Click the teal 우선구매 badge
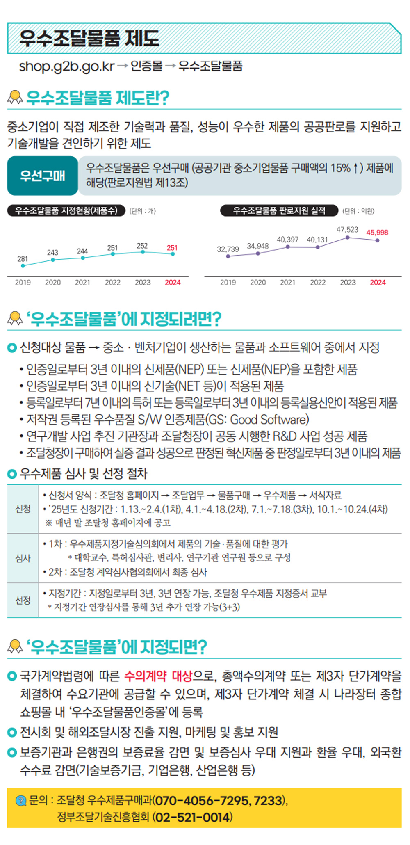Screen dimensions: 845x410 (42, 176)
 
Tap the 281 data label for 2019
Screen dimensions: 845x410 (23, 259)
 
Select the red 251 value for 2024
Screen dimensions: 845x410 (172, 248)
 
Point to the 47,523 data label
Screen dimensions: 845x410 (347, 230)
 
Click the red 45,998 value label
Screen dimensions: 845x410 (377, 233)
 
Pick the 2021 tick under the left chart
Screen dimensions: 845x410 (82, 283)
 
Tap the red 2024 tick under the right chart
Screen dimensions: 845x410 (378, 283)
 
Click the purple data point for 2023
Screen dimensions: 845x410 (348, 238)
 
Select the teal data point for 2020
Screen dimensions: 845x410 (53, 260)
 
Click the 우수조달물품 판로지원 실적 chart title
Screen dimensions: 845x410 (279, 211)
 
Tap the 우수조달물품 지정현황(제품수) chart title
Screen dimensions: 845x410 (66, 211)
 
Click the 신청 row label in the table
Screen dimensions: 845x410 (23, 509)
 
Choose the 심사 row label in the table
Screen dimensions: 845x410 (23, 558)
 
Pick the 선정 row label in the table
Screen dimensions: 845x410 (23, 601)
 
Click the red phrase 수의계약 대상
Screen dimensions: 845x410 (158, 676)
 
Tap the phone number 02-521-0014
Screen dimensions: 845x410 (192, 818)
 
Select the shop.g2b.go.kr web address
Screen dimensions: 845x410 (67, 66)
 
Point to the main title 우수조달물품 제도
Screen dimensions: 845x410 (89, 39)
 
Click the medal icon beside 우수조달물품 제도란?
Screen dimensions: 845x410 (15, 98)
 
